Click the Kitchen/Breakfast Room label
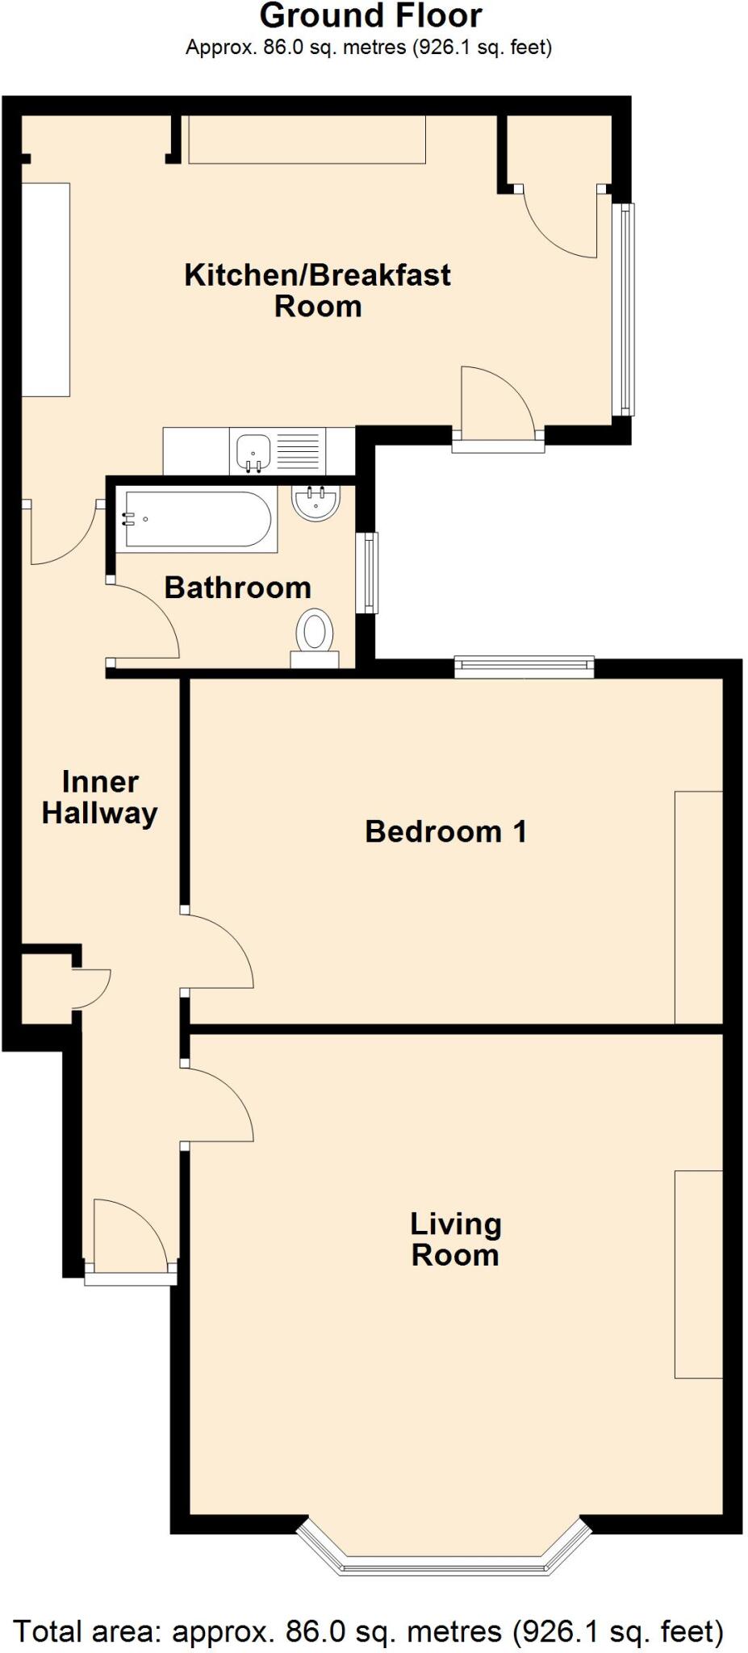click(x=317, y=291)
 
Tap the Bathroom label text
click(x=238, y=588)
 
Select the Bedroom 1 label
click(x=446, y=831)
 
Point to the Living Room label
click(x=456, y=1239)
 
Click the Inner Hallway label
click(x=100, y=797)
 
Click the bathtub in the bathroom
click(x=197, y=519)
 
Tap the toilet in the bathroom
click(x=315, y=638)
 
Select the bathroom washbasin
click(x=316, y=503)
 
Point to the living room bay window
click(x=442, y=1551)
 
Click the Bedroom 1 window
click(x=524, y=667)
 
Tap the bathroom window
click(x=367, y=572)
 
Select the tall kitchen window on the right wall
click(x=623, y=309)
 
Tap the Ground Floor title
click(x=371, y=16)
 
